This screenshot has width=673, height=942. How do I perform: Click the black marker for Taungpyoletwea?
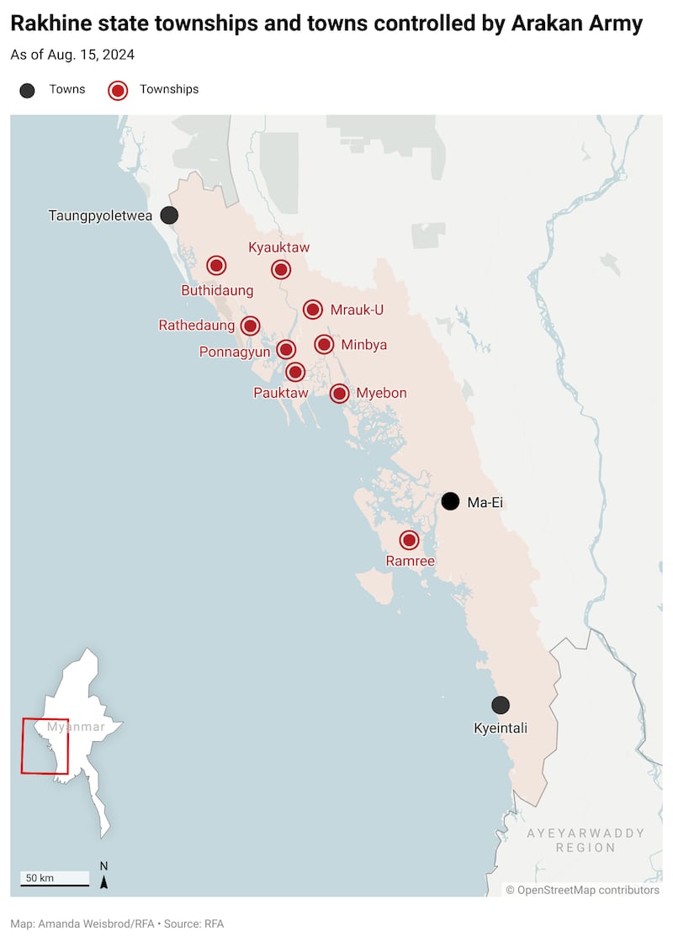click(x=169, y=215)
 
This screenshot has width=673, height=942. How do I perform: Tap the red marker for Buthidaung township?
click(x=216, y=266)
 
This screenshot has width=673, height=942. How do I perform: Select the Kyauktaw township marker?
click(x=281, y=269)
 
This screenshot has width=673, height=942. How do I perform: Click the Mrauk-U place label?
click(x=357, y=310)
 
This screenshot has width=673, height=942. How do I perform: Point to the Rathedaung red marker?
click(x=250, y=325)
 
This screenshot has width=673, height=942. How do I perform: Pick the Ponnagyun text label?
click(x=235, y=352)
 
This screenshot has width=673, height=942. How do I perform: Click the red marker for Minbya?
click(x=324, y=344)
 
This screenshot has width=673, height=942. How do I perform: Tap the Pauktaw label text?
click(x=281, y=393)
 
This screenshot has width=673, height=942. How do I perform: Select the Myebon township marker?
click(x=339, y=393)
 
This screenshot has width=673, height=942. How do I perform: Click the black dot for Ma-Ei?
click(x=451, y=501)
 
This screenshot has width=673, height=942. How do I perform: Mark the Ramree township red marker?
click(x=409, y=540)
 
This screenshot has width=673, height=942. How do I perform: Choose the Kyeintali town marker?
click(x=501, y=705)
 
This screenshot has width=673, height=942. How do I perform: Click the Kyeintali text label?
click(x=501, y=728)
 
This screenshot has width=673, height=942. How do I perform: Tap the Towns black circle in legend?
click(x=27, y=90)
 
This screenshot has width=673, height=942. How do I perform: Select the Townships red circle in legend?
click(x=118, y=90)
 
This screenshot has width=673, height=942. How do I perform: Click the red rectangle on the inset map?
click(x=45, y=745)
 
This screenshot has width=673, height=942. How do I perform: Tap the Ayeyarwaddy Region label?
click(x=586, y=840)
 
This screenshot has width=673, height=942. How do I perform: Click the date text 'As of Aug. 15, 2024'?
click(x=72, y=55)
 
